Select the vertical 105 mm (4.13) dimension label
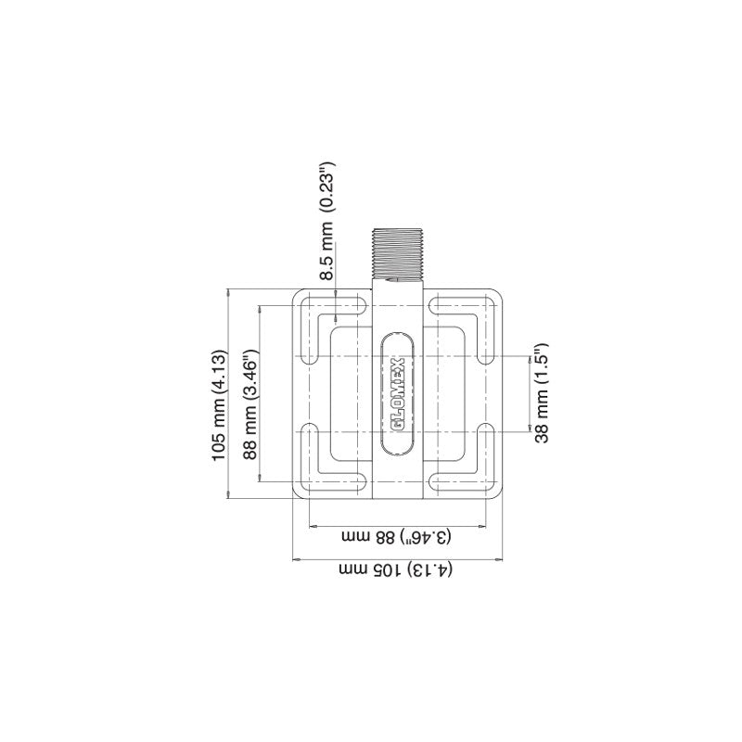pos(220,406)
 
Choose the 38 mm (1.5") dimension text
pos(542,394)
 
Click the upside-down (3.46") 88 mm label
pos(397,537)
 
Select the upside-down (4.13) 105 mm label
pos(397,569)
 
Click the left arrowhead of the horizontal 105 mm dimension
pos(296,559)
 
